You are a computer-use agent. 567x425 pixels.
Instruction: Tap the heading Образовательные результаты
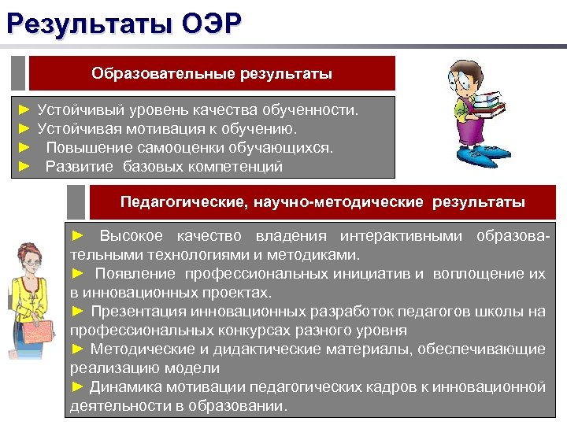(211, 74)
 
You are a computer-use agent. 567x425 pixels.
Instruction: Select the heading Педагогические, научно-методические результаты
(322, 202)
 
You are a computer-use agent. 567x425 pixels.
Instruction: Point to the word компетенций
(237, 166)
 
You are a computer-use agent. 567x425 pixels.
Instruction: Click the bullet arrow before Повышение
(24, 147)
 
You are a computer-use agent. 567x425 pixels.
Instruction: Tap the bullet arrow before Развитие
(24, 166)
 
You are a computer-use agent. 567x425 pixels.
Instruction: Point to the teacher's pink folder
(42, 334)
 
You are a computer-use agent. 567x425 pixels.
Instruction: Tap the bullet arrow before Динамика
(77, 386)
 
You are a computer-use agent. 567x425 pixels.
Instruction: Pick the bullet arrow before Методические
(77, 349)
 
